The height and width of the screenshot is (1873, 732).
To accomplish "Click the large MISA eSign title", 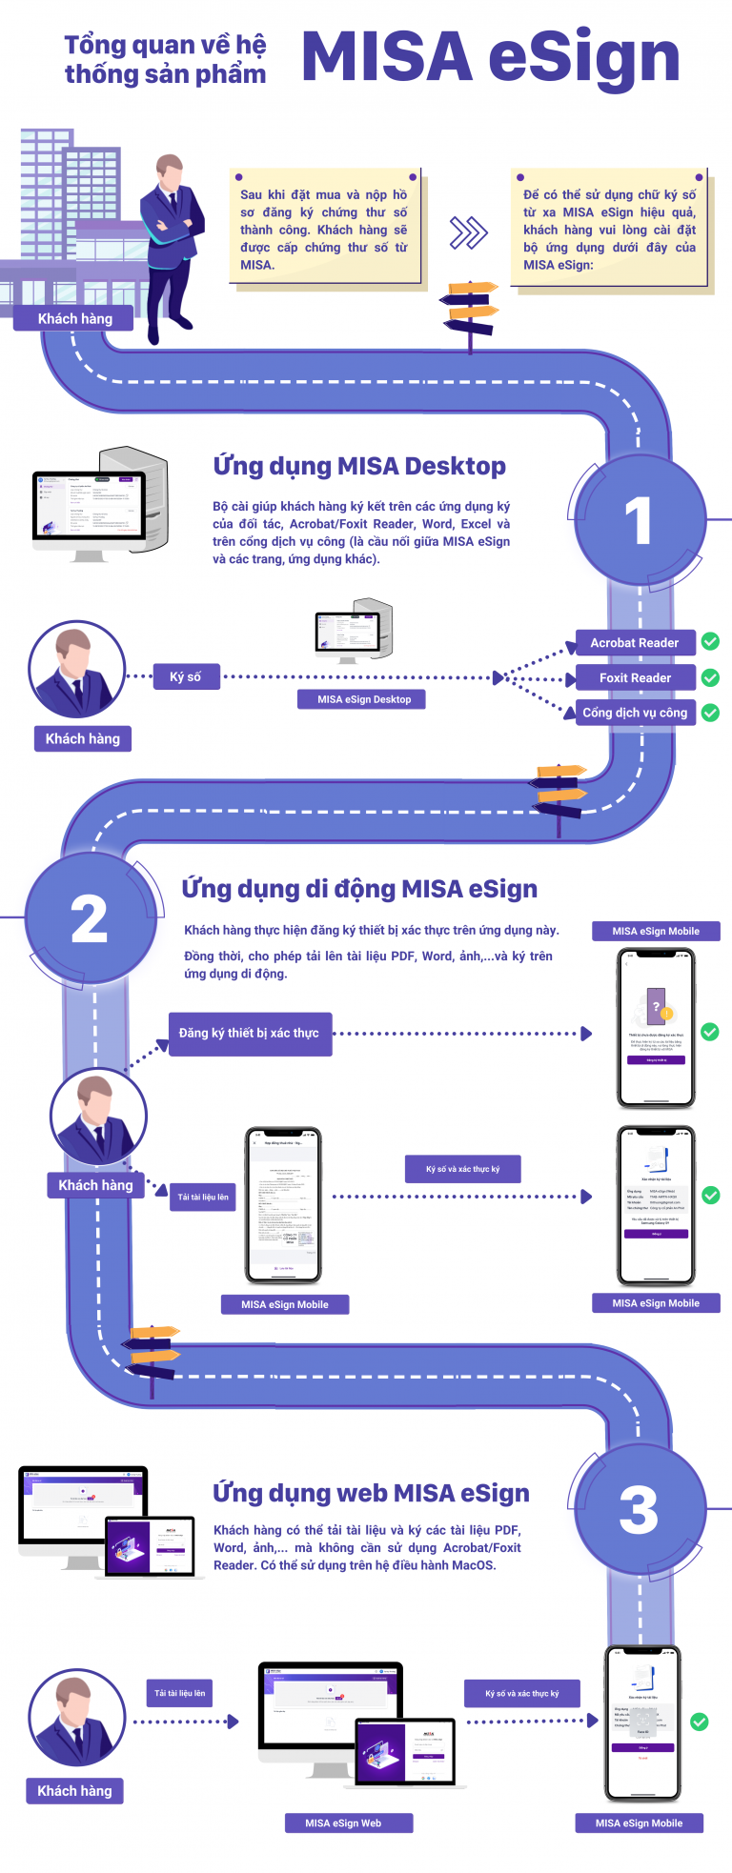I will point(491,57).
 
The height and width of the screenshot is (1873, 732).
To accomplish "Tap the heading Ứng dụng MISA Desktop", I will point(359,466).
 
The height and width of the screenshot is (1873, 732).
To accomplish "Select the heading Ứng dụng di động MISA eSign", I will point(359,889).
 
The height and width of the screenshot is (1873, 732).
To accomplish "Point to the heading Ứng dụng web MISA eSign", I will point(371,1493).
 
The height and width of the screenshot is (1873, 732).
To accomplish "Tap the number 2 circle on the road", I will point(90,919).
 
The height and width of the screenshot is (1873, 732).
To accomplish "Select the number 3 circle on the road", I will point(639,1511).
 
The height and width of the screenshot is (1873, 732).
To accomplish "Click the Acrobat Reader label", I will point(635,643).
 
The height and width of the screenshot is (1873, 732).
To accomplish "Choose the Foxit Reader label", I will point(635,678).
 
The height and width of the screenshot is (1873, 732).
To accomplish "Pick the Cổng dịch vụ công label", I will point(635,713).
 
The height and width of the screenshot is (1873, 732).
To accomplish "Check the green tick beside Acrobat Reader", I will point(710,642).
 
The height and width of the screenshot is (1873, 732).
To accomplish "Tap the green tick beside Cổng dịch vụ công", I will point(710,713).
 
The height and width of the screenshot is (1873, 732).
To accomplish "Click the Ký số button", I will point(186,677).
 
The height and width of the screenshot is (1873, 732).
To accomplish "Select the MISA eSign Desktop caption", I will point(364,699).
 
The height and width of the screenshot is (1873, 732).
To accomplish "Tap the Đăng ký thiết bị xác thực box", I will point(250,1034).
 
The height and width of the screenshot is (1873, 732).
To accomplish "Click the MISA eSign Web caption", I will point(343,1823).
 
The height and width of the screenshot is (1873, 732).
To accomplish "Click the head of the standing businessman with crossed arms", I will point(170,174).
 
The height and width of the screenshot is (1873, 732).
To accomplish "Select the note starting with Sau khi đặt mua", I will point(324,230).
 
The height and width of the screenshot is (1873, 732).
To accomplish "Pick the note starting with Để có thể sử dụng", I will point(610,230).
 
